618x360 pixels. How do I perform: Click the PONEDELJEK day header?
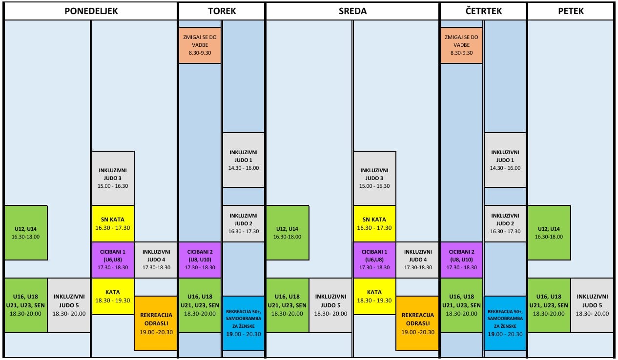pos(91,11)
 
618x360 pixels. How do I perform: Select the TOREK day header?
pos(222,11)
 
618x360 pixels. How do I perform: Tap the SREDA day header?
pos(352,11)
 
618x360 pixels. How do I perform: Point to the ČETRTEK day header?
pos(483,11)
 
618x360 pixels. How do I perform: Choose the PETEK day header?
pos(571,11)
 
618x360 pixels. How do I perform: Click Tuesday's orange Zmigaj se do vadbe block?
pos(200,45)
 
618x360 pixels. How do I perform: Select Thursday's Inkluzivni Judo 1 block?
pos(505,160)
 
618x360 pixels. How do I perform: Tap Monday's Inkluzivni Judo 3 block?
pos(113,178)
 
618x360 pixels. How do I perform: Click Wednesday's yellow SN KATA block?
pos(374,223)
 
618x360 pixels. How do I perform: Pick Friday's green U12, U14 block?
pos(549,233)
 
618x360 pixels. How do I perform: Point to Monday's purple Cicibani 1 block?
pos(113,260)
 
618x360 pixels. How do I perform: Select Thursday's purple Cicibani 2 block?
pos(462,260)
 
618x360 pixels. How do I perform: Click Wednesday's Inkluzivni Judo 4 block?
pos(418,260)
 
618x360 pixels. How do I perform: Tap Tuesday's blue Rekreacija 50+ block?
pos(243,323)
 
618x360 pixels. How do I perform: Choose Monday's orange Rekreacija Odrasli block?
pos(156,323)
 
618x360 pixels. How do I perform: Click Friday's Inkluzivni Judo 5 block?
pos(592,305)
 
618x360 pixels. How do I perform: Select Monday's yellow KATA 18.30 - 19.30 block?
pos(113,296)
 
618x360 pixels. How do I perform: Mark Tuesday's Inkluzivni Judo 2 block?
pos(243,223)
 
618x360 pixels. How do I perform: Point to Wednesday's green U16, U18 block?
pos(287,305)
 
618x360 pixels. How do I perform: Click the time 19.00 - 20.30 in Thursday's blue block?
pos(505,334)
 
